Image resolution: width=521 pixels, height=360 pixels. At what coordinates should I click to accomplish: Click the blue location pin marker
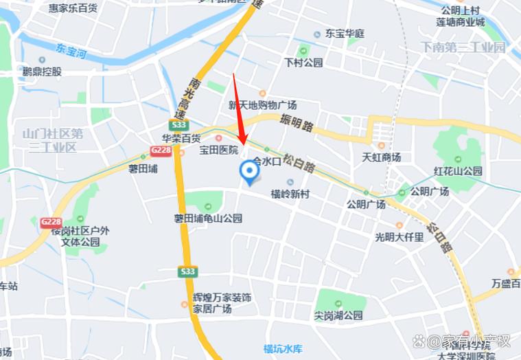(248, 172)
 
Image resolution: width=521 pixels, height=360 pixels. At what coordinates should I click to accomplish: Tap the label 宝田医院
(218, 149)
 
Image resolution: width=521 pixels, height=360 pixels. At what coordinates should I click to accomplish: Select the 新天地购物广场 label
(262, 105)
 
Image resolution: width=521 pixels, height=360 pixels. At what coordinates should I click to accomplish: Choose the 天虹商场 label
(381, 157)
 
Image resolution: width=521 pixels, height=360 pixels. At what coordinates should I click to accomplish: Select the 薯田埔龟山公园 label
(208, 218)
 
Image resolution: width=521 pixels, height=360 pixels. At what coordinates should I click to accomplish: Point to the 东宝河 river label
(71, 50)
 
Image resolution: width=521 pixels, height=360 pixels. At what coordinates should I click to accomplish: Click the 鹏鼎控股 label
(42, 71)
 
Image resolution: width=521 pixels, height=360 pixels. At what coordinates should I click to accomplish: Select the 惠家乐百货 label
(73, 8)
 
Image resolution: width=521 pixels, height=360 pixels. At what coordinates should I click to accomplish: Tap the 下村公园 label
(303, 63)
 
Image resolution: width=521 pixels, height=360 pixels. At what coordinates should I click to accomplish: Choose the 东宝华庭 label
(345, 33)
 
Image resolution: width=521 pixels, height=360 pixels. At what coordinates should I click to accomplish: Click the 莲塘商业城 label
(460, 21)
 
